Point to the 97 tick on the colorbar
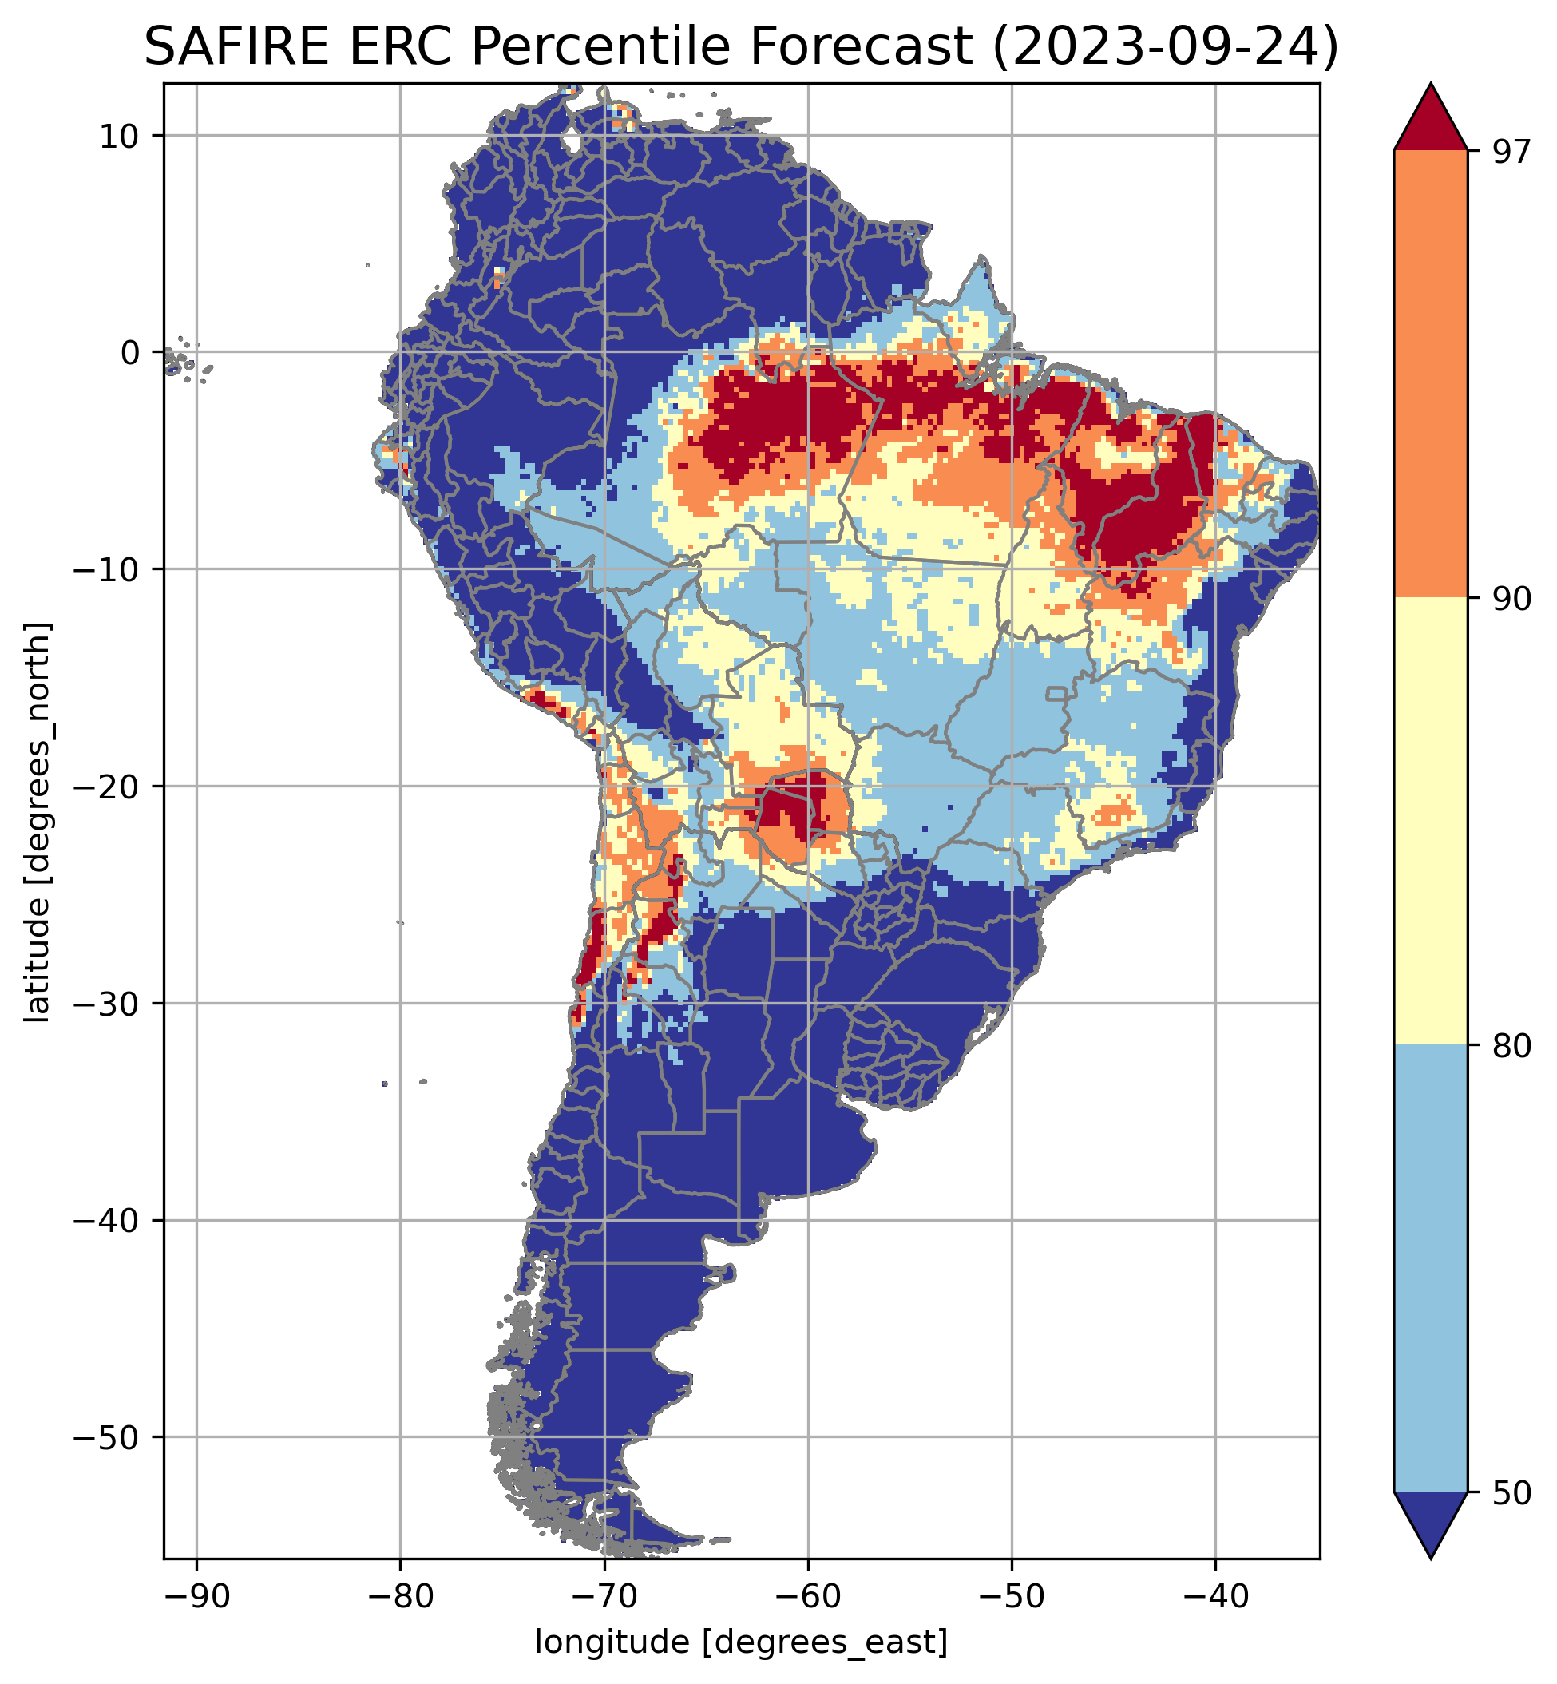pos(1507,152)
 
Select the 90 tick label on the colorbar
pos(1507,599)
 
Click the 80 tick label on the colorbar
pos(1507,1045)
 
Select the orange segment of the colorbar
pos(1431,374)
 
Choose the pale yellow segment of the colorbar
pos(1431,822)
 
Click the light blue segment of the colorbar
pos(1431,1268)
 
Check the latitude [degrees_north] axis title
pos(38,822)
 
